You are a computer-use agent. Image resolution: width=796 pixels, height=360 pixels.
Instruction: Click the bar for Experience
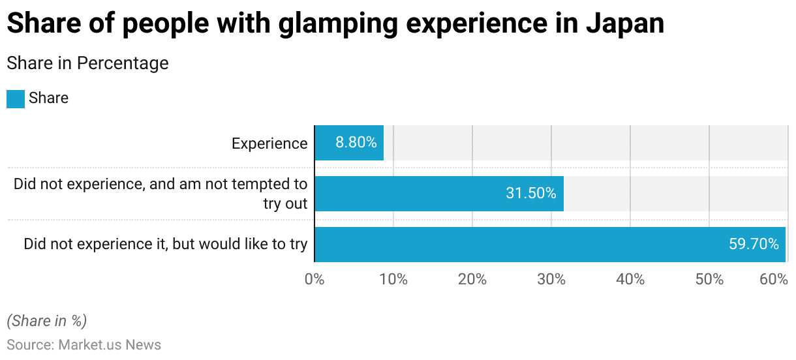pos(349,143)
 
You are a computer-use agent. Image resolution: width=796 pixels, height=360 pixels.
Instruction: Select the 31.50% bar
pos(438,193)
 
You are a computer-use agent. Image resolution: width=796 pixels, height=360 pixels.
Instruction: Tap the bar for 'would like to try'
pos(549,244)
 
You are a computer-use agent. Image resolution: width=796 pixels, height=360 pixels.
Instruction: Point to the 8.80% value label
pos(356,143)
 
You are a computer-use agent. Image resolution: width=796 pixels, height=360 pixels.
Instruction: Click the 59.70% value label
pos(754,244)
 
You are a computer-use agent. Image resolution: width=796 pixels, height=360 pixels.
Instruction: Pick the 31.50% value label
pos(531,193)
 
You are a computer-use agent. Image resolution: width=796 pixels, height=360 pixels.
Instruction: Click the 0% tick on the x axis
pos(314,280)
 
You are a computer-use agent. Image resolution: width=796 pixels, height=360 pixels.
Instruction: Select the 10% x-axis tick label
pos(393,280)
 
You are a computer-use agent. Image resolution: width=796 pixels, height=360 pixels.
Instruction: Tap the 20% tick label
pos(472,280)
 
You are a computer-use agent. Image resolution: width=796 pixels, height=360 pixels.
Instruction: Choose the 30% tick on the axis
pos(551,280)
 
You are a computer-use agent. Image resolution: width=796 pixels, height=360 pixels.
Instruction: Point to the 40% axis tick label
pos(630,280)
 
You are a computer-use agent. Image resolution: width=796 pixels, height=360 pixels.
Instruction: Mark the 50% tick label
pos(709,280)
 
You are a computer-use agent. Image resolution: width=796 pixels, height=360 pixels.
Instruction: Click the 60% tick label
pos(774,280)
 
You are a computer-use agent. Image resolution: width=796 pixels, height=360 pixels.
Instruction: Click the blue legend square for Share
pos(16,98)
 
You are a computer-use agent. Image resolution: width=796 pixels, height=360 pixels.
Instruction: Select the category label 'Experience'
pos(269,143)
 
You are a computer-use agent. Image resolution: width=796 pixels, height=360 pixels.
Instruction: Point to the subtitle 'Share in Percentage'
pos(87,63)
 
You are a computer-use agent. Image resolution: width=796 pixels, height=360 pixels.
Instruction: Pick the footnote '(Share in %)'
pos(46,321)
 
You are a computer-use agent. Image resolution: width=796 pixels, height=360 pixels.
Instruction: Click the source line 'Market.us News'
pos(110,344)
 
